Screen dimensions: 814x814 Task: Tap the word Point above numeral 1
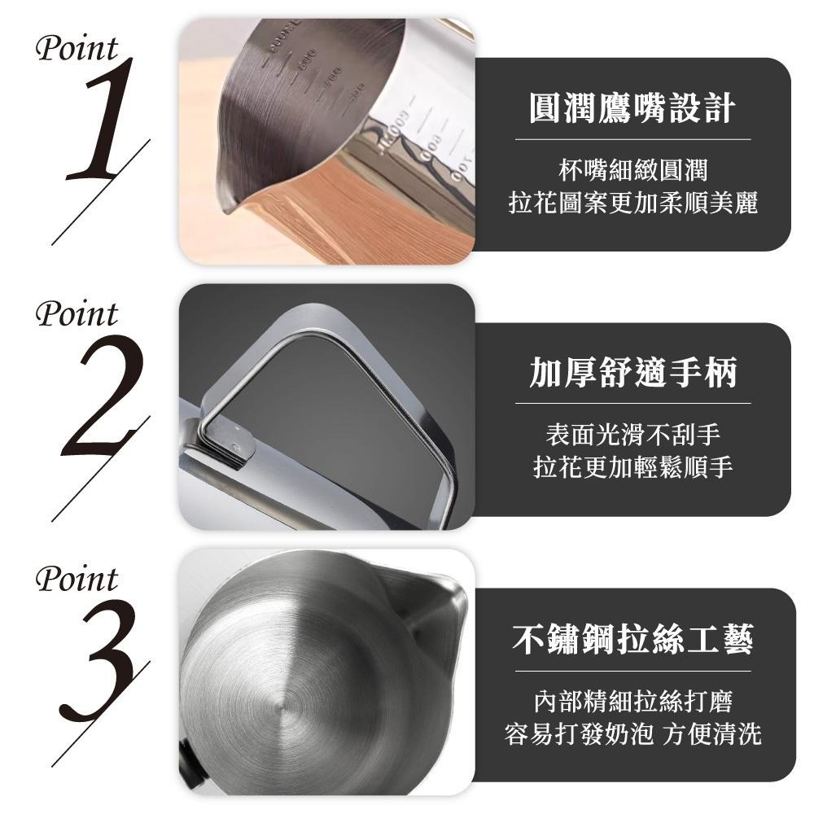[x=77, y=50]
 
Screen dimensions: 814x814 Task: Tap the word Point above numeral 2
[x=77, y=314]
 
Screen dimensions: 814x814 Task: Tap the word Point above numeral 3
[x=77, y=580]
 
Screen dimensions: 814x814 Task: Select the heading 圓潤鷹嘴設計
[x=632, y=108]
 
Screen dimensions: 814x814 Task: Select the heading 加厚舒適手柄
[x=632, y=373]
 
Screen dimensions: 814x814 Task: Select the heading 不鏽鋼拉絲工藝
[x=632, y=638]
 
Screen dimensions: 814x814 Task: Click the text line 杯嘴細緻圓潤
[x=632, y=170]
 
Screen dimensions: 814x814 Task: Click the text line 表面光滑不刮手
[x=632, y=435]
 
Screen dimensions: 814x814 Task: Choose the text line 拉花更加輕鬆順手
[x=632, y=466]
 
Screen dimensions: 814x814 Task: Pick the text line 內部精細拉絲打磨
[x=632, y=702]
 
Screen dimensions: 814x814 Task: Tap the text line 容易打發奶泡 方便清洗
[x=632, y=733]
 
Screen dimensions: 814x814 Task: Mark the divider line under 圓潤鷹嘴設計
[x=632, y=140]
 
